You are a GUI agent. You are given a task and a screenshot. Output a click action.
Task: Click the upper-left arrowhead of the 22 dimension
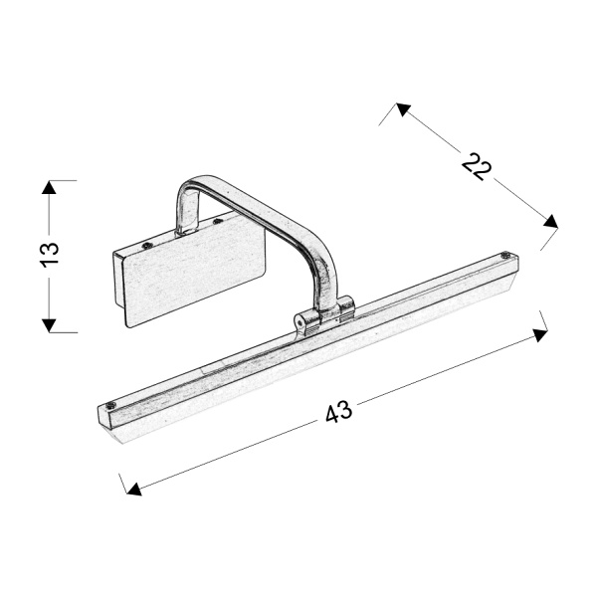coord(402,108)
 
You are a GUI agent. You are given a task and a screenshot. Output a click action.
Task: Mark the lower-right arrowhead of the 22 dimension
coord(550,221)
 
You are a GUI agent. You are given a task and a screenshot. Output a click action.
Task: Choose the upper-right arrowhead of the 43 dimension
coord(540,335)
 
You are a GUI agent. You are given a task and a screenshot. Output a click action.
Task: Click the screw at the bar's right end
coord(507,257)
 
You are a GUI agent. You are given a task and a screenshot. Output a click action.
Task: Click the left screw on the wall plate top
coord(147,244)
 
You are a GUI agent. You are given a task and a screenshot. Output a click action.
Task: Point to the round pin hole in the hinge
coord(299,320)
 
